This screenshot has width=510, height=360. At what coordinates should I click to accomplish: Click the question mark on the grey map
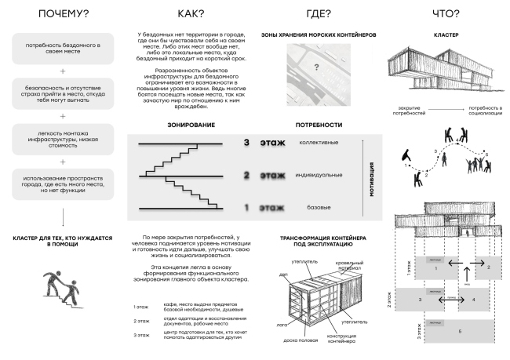[x=317, y=67]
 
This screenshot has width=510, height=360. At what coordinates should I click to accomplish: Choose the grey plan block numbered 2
[x=488, y=267]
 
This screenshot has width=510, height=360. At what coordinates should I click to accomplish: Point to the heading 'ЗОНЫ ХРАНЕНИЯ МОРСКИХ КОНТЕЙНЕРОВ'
[x=319, y=35]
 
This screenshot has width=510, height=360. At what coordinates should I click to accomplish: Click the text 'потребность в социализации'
[x=485, y=111]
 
